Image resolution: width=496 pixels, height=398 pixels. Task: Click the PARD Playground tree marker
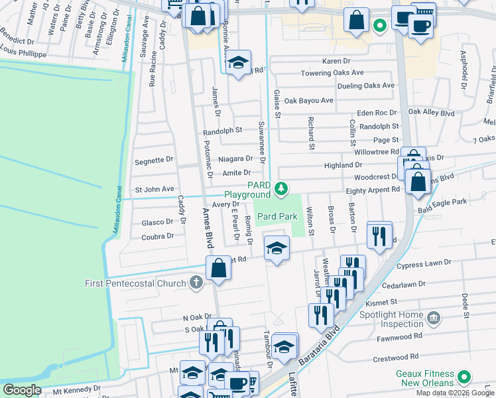coord(282,189)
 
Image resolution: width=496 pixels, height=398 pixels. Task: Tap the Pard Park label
coord(277,216)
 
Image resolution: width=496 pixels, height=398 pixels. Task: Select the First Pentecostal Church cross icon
coord(195,283)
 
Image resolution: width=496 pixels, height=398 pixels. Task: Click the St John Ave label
coord(154,189)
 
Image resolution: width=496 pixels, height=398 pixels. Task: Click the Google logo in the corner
coord(23,389)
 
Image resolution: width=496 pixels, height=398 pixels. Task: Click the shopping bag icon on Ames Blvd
coord(217,269)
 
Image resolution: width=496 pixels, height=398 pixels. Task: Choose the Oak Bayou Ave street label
coord(308,101)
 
